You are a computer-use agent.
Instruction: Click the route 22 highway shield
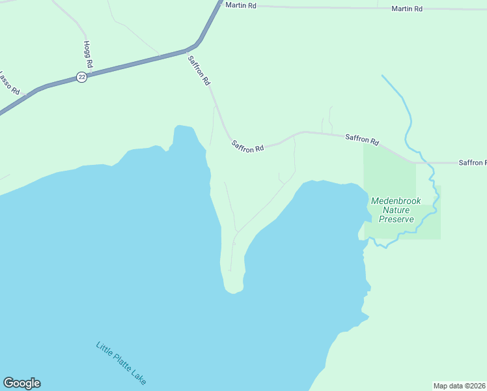click(x=81, y=76)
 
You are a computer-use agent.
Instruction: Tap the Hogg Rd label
click(x=89, y=55)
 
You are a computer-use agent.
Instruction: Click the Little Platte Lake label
click(x=121, y=363)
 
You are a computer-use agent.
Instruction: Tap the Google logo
click(x=21, y=383)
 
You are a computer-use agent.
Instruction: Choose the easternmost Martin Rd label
click(x=407, y=8)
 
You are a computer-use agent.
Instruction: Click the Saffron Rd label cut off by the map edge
click(x=472, y=162)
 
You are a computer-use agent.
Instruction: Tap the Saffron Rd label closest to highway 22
click(x=199, y=71)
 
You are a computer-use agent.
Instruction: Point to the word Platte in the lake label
click(x=122, y=363)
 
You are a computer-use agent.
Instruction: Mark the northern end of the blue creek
click(x=382, y=76)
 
